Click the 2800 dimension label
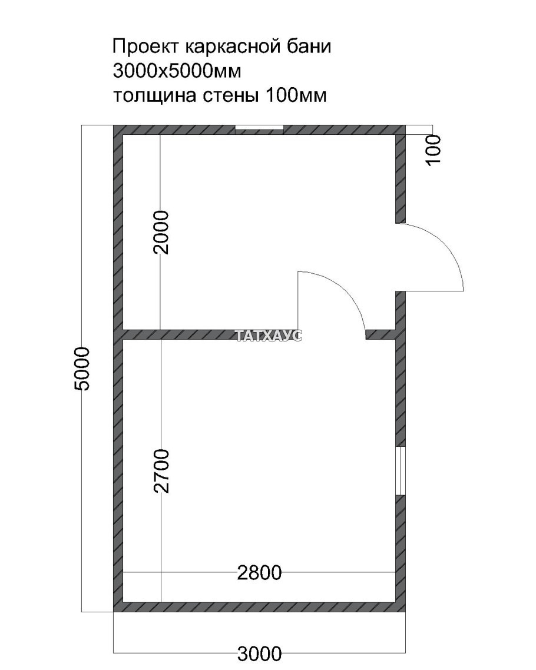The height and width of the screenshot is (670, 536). pyautogui.click(x=259, y=572)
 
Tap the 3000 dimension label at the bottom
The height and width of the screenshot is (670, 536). pyautogui.click(x=259, y=652)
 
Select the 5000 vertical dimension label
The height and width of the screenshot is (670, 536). pyautogui.click(x=82, y=369)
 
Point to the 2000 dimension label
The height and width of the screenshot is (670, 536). pyautogui.click(x=160, y=232)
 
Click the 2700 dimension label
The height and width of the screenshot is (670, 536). pyautogui.click(x=161, y=471)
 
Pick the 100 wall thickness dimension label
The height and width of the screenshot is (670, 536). pyautogui.click(x=433, y=150)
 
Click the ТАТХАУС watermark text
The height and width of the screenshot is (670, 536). pyautogui.click(x=269, y=336)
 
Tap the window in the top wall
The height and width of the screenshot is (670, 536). pyautogui.click(x=259, y=129)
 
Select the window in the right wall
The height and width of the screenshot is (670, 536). pyautogui.click(x=401, y=471)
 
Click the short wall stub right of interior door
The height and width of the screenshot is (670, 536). pyautogui.click(x=381, y=335)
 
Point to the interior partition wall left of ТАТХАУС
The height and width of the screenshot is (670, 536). pyautogui.click(x=177, y=335)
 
